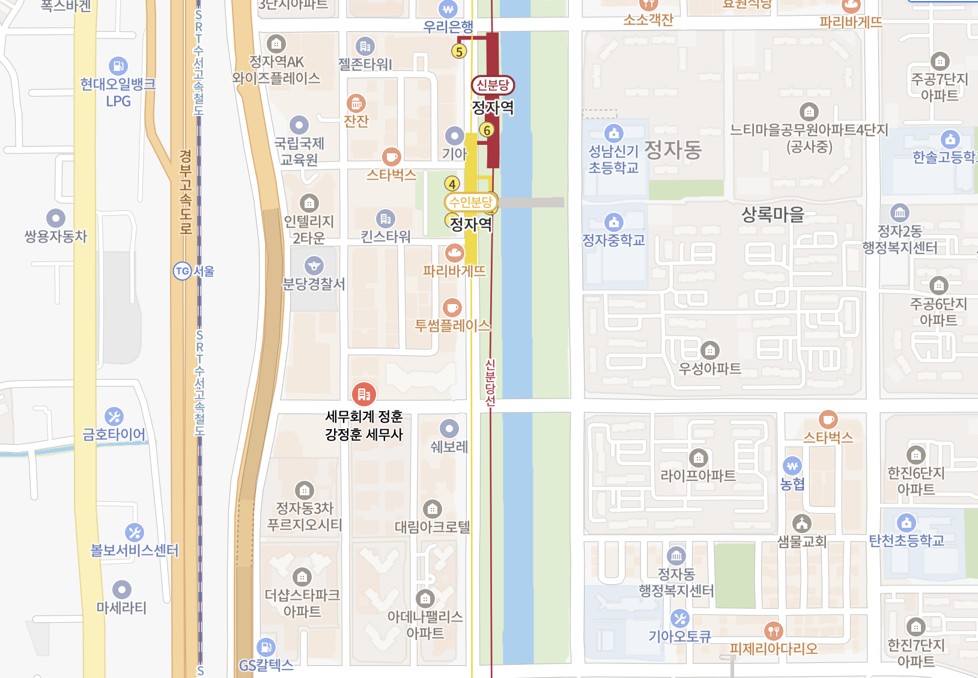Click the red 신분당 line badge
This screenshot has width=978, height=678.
(x=493, y=85)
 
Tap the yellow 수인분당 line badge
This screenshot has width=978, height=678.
(x=470, y=202)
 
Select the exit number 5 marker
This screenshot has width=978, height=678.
(x=460, y=52)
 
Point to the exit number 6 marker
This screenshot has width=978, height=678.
(x=487, y=130)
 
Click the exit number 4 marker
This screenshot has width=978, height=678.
(x=452, y=184)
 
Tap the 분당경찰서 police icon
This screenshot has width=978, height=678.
(x=314, y=265)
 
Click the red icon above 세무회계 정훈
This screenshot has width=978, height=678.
(x=363, y=394)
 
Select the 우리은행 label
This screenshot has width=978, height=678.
(x=448, y=26)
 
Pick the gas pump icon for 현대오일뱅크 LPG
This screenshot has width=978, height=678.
(x=118, y=66)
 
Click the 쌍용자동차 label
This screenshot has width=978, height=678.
(x=56, y=236)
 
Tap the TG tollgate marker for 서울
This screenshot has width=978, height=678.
(x=182, y=271)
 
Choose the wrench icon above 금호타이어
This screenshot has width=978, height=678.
(x=114, y=416)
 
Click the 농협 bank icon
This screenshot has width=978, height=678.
(x=792, y=466)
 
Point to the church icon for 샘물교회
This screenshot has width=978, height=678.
(x=802, y=523)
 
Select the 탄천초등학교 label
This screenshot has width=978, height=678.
(x=907, y=540)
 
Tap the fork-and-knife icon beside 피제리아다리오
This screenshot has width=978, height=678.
(x=773, y=631)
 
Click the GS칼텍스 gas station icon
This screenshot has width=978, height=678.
(x=266, y=647)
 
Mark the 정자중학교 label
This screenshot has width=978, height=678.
(x=613, y=240)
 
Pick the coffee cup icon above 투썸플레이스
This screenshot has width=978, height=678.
(x=452, y=308)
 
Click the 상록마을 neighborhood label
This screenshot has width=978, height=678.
(x=773, y=214)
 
